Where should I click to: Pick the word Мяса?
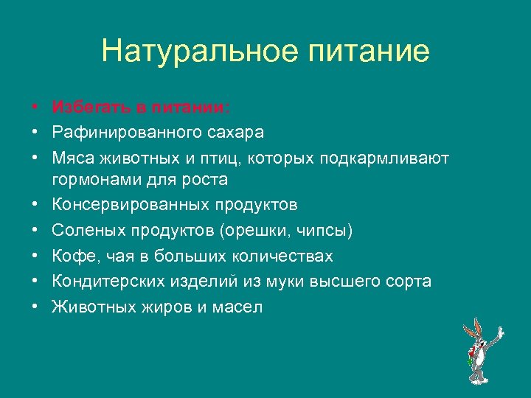[72, 158]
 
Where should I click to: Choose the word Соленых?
[88, 231]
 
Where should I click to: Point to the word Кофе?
[71, 256]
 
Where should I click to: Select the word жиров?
[162, 307]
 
